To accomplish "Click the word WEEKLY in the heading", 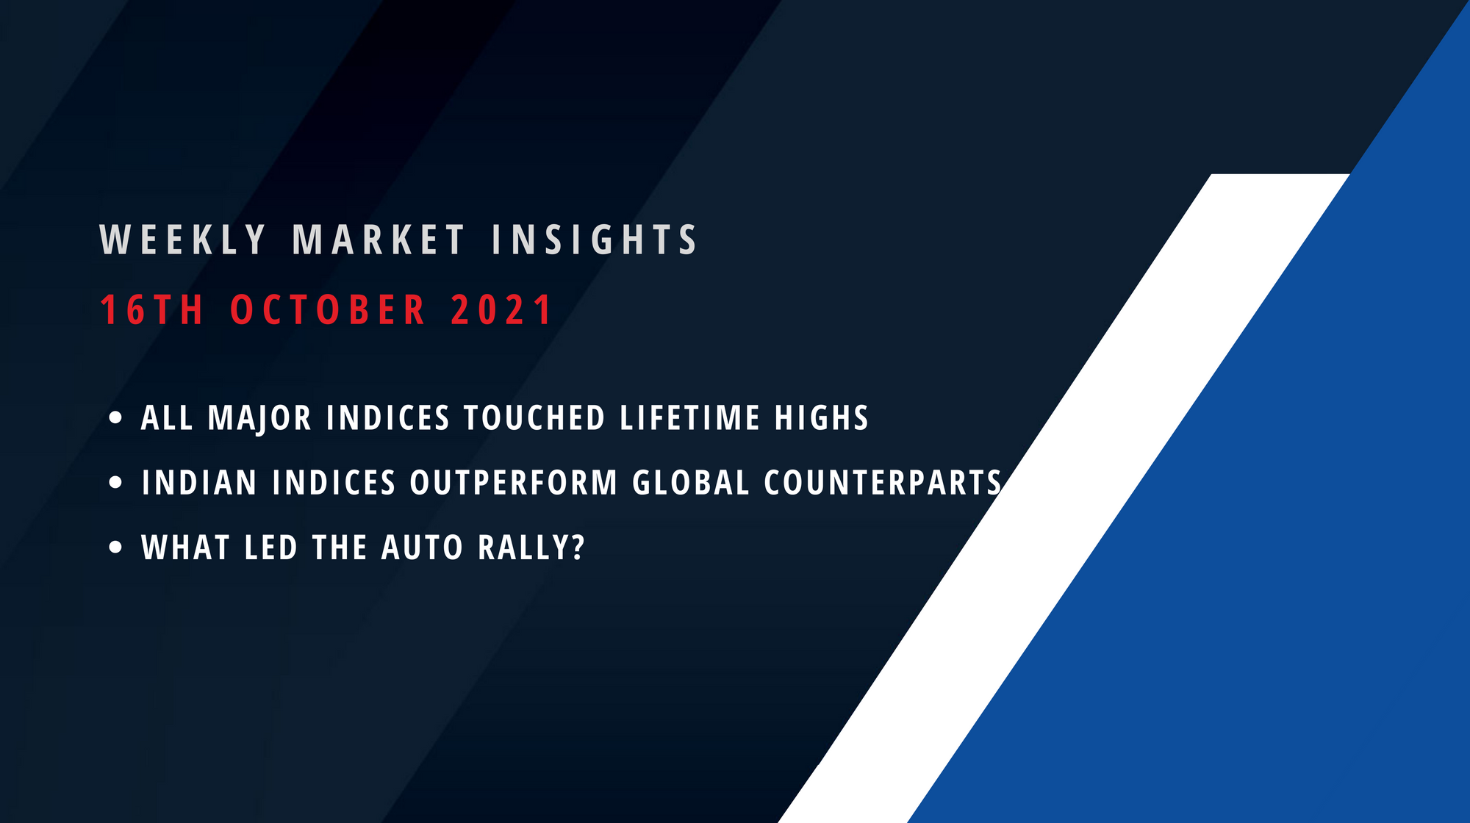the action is [182, 240].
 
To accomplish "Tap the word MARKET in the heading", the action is [379, 240].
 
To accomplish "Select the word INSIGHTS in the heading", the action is [594, 240].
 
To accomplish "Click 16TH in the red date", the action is [151, 309].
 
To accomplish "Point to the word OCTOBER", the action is [328, 309].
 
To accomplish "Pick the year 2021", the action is [501, 309].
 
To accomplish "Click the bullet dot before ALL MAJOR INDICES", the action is [115, 418].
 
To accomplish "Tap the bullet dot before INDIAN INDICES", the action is [115, 483].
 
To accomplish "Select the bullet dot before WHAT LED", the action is [115, 547].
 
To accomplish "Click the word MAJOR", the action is [260, 418].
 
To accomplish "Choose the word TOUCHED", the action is [534, 418].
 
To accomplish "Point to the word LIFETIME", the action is [689, 418].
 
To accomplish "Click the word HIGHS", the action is [822, 418].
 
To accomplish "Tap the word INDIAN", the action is [199, 483].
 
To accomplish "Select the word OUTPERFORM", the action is [514, 483].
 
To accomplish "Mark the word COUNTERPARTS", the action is [883, 483].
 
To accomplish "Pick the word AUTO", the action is [423, 547].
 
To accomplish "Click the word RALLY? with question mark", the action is [531, 547].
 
